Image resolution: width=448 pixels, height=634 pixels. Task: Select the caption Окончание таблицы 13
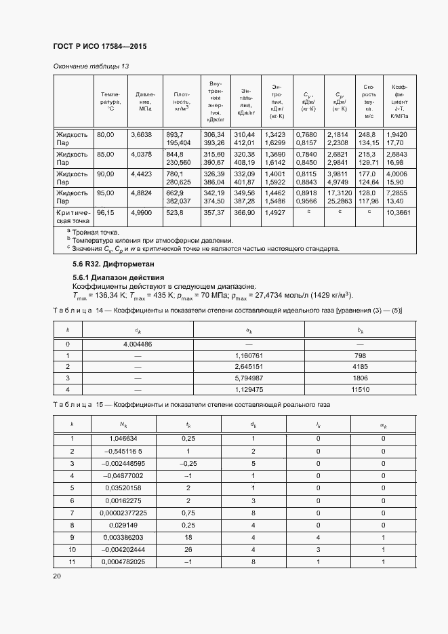pyautogui.click(x=90, y=66)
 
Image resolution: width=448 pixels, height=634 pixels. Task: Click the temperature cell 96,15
pyautogui.click(x=105, y=212)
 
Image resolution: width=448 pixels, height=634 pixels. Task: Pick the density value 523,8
pyautogui.click(x=175, y=212)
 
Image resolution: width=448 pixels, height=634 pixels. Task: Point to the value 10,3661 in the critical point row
pyautogui.click(x=397, y=212)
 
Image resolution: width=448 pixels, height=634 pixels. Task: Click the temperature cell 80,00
pyautogui.click(x=105, y=134)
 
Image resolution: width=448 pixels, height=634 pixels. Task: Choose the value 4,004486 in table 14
pyautogui.click(x=138, y=344)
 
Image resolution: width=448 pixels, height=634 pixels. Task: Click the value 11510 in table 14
pyautogui.click(x=360, y=389)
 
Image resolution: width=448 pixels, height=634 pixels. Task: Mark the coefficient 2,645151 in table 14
pyautogui.click(x=249, y=367)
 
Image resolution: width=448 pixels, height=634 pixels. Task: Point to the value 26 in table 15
pyautogui.click(x=188, y=550)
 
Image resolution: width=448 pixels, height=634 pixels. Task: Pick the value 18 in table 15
pyautogui.click(x=188, y=537)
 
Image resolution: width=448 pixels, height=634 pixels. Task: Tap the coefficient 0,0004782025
pyautogui.click(x=123, y=562)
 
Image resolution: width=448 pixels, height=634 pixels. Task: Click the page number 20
pyautogui.click(x=57, y=576)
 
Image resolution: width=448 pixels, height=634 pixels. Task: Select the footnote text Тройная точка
pyautogui.click(x=100, y=233)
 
